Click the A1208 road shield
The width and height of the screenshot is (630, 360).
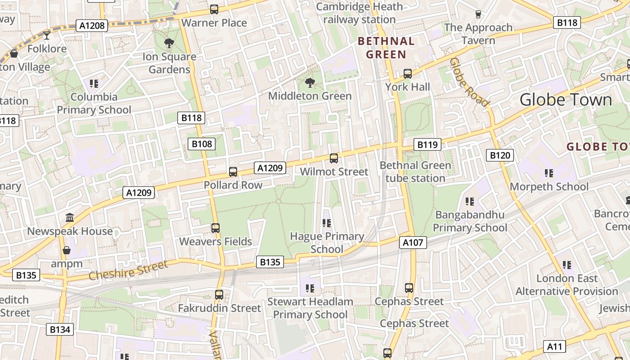(x=92, y=26)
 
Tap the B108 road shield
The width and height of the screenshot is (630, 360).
(x=202, y=144)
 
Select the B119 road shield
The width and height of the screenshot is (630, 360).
(x=427, y=144)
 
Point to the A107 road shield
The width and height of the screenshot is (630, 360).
(x=413, y=243)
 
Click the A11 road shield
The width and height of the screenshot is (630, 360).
(x=555, y=346)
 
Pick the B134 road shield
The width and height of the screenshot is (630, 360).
(x=60, y=329)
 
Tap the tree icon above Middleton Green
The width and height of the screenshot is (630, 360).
(x=310, y=83)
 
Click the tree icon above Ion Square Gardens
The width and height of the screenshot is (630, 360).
(x=169, y=44)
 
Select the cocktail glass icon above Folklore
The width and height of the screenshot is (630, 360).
(x=47, y=35)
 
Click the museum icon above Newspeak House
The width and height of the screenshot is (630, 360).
(x=70, y=218)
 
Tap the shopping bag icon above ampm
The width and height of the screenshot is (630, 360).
(x=67, y=250)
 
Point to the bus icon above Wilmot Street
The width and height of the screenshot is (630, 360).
(x=334, y=158)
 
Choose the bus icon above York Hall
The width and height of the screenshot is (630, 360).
(x=408, y=73)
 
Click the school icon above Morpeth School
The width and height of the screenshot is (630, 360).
(x=549, y=173)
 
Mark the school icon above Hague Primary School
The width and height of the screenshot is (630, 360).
(x=327, y=223)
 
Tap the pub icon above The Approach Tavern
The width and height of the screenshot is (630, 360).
(x=478, y=14)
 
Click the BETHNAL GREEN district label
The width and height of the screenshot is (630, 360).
(x=386, y=48)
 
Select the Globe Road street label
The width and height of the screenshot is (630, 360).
(x=469, y=82)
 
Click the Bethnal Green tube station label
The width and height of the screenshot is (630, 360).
(x=415, y=171)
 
